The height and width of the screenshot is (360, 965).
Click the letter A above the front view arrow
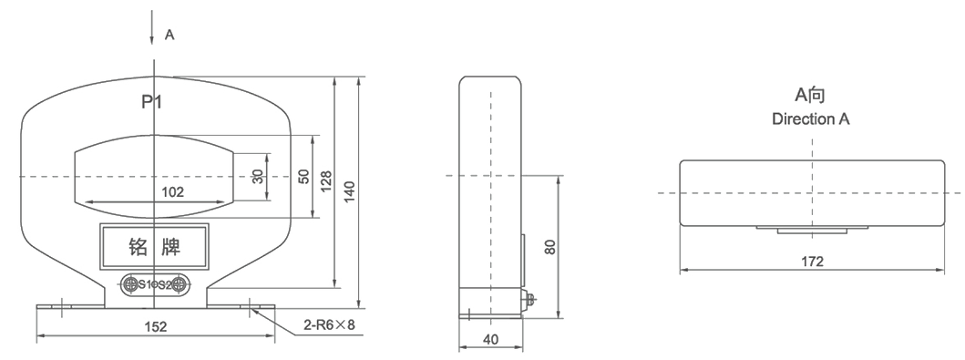pyautogui.click(x=169, y=35)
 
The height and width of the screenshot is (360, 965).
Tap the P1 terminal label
pyautogui.click(x=152, y=101)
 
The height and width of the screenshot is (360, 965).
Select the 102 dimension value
pyautogui.click(x=172, y=192)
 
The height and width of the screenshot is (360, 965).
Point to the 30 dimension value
pyautogui.click(x=258, y=177)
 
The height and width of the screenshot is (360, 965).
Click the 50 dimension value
pyautogui.click(x=304, y=177)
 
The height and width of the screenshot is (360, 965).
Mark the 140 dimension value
pyautogui.click(x=350, y=192)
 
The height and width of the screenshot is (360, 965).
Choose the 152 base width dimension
pyautogui.click(x=155, y=326)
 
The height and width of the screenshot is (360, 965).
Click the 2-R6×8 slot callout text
pyautogui.click(x=329, y=324)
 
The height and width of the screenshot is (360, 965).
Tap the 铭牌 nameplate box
pyautogui.click(x=155, y=247)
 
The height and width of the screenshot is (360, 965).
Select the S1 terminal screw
pyautogui.click(x=130, y=284)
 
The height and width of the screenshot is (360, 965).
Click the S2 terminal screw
pyautogui.click(x=180, y=284)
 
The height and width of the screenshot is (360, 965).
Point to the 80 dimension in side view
pyautogui.click(x=550, y=247)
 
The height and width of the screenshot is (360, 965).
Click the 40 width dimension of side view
pyautogui.click(x=491, y=339)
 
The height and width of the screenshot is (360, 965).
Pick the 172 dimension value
pyautogui.click(x=813, y=262)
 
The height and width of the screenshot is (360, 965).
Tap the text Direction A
pyautogui.click(x=811, y=118)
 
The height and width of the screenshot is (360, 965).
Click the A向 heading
pyautogui.click(x=810, y=95)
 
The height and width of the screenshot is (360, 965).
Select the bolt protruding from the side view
pyautogui.click(x=529, y=299)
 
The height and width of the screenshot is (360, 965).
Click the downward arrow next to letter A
pyautogui.click(x=152, y=28)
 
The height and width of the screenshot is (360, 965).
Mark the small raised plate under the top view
pyautogui.click(x=813, y=230)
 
